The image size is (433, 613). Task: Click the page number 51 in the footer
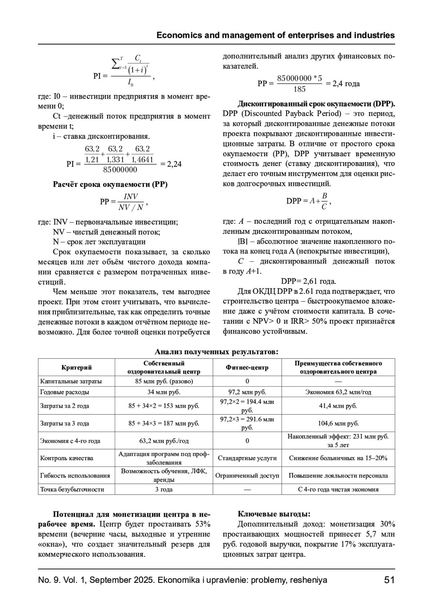pyautogui.click(x=389, y=580)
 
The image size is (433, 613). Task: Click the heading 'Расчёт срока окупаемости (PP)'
pyautogui.click(x=110, y=184)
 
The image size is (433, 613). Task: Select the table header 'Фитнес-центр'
pyautogui.click(x=247, y=368)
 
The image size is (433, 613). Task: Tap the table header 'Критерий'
pyautogui.click(x=76, y=368)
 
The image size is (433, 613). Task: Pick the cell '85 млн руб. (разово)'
pyautogui.click(x=164, y=381)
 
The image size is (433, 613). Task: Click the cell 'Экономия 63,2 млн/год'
pyautogui.click(x=338, y=392)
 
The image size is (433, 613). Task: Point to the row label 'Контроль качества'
pyautogui.click(x=67, y=458)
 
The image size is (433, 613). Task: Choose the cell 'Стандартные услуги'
pyautogui.click(x=247, y=458)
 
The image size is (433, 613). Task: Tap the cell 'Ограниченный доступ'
pyautogui.click(x=247, y=475)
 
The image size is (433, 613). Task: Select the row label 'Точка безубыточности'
pyautogui.click(x=72, y=490)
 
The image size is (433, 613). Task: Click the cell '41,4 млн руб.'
pyautogui.click(x=338, y=406)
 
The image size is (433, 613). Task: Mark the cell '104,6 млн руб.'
pyautogui.click(x=338, y=423)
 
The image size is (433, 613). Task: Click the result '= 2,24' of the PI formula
pyautogui.click(x=170, y=164)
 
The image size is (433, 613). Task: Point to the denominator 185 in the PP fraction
pyautogui.click(x=299, y=89)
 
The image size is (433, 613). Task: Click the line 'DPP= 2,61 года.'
pyautogui.click(x=309, y=281)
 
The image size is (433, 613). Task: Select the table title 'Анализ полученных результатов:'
pyautogui.click(x=216, y=352)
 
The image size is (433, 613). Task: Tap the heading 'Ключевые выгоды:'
pyautogui.click(x=274, y=514)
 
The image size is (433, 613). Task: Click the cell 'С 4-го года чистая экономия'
pyautogui.click(x=338, y=490)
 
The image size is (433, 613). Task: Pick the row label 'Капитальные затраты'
pyautogui.click(x=71, y=381)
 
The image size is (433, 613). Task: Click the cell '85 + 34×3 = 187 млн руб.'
pyautogui.click(x=164, y=423)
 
